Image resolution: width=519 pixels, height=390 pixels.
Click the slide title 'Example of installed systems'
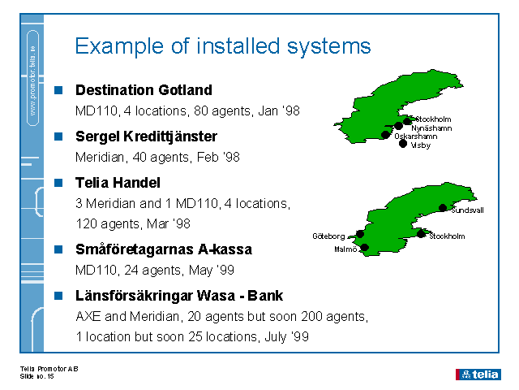[222, 45]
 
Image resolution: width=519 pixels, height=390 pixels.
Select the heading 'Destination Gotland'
[144, 90]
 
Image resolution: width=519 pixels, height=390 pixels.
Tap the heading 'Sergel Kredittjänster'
[146, 136]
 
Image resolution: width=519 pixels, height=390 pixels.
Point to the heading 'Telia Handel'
[118, 183]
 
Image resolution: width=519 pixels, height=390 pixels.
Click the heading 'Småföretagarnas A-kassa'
[163, 249]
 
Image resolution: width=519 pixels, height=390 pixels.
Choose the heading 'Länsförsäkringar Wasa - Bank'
[179, 296]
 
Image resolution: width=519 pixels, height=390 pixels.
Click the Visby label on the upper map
[421, 145]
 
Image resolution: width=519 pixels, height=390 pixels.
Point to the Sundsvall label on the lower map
[467, 210]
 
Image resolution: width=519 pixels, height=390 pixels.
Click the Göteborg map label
[328, 236]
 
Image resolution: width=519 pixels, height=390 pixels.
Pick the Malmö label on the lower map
[345, 250]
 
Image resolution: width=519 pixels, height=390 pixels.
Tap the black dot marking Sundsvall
[443, 208]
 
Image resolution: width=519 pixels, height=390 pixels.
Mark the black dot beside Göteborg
[360, 234]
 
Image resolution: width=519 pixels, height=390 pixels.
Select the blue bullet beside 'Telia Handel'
[58, 183]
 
